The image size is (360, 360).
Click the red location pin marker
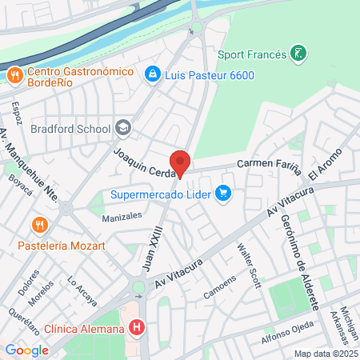click(180, 162)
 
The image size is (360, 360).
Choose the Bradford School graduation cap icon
click(122, 127)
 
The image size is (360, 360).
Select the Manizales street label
click(122, 216)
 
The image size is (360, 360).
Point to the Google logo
click(26, 350)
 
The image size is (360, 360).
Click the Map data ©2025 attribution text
click(324, 353)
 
